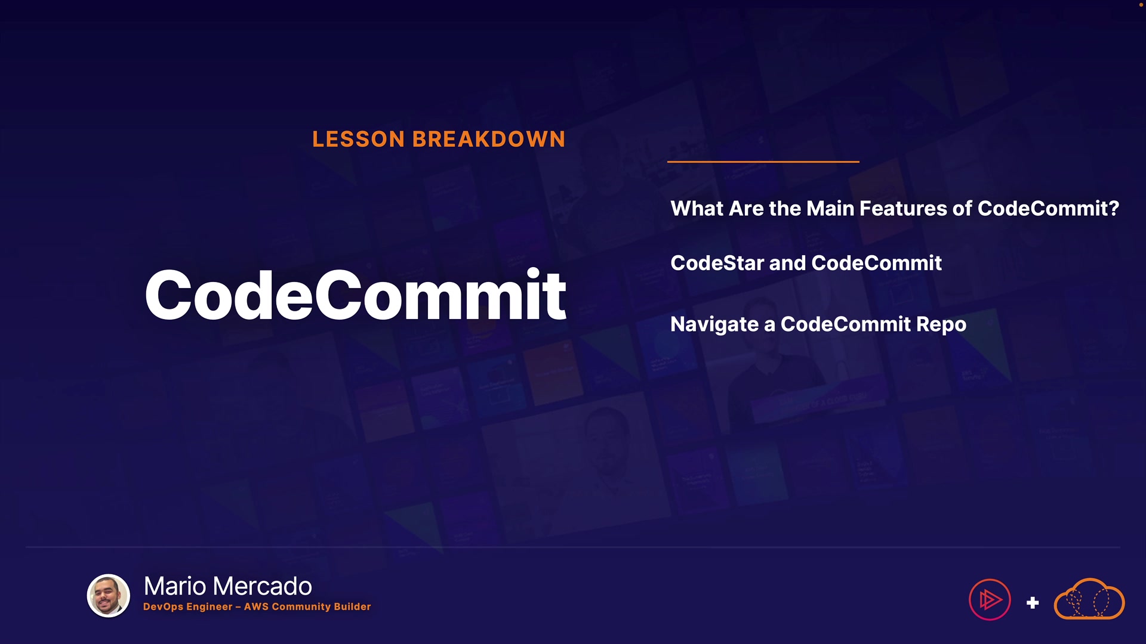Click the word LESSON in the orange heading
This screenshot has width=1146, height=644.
tap(359, 139)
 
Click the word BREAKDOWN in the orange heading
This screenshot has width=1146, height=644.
tap(489, 139)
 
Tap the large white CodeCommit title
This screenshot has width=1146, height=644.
tap(356, 295)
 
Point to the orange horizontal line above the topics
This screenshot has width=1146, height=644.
tap(763, 162)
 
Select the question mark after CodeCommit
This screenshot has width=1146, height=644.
tap(1114, 208)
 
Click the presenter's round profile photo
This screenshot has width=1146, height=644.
tap(109, 595)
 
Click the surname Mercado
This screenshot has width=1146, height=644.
tap(263, 586)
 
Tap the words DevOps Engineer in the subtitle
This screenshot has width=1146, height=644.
tap(188, 606)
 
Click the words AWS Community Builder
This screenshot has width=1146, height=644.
tap(307, 606)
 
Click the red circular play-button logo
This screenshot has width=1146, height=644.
tap(990, 599)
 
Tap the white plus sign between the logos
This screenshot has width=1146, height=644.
tap(1033, 603)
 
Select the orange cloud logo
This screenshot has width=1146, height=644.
tap(1089, 599)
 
